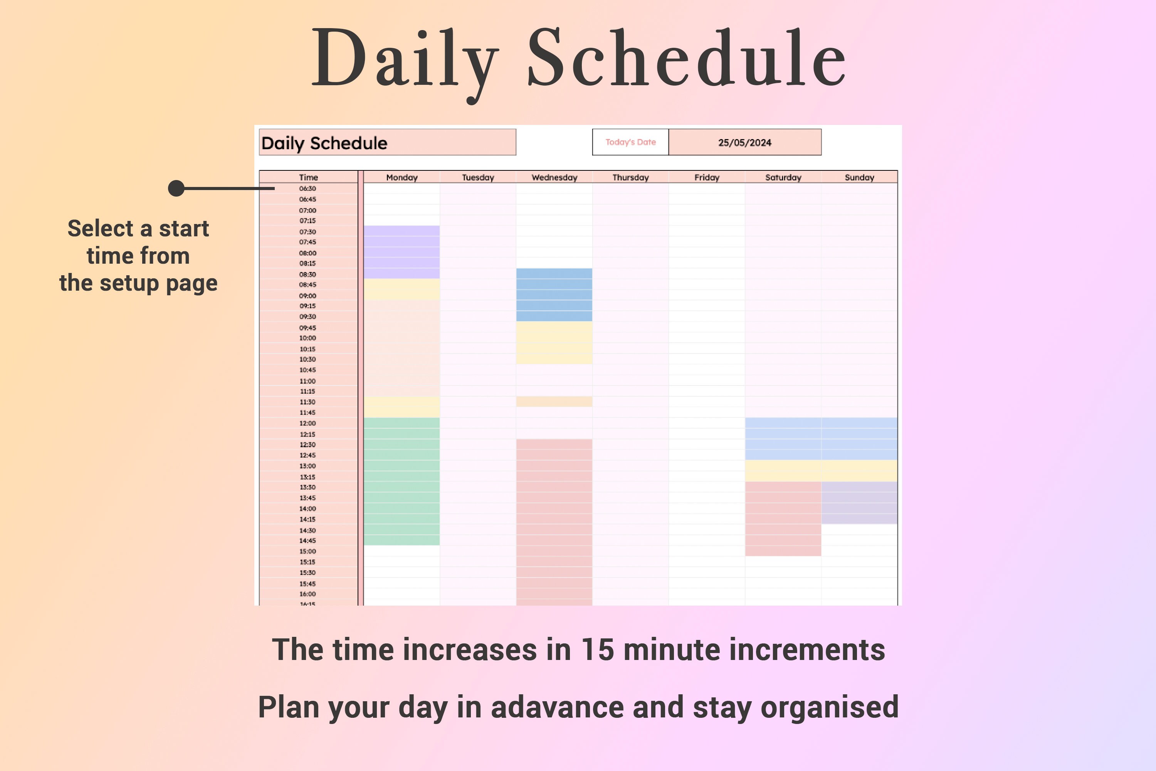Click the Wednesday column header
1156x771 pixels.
click(554, 177)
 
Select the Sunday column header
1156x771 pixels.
click(859, 177)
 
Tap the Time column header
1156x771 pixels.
click(308, 177)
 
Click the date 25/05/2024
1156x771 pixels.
click(744, 143)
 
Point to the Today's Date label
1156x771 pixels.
click(630, 142)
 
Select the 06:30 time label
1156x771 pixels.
click(307, 189)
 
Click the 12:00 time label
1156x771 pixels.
click(307, 423)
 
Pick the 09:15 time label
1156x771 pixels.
click(307, 306)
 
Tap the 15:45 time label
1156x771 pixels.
click(307, 584)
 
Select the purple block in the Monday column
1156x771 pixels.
click(402, 252)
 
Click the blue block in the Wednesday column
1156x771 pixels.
click(554, 295)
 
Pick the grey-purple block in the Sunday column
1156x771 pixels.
click(859, 503)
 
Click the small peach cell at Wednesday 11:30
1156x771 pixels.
click(554, 402)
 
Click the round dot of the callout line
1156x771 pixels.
click(176, 189)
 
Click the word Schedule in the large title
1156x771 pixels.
click(686, 59)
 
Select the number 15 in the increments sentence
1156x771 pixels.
click(597, 650)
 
